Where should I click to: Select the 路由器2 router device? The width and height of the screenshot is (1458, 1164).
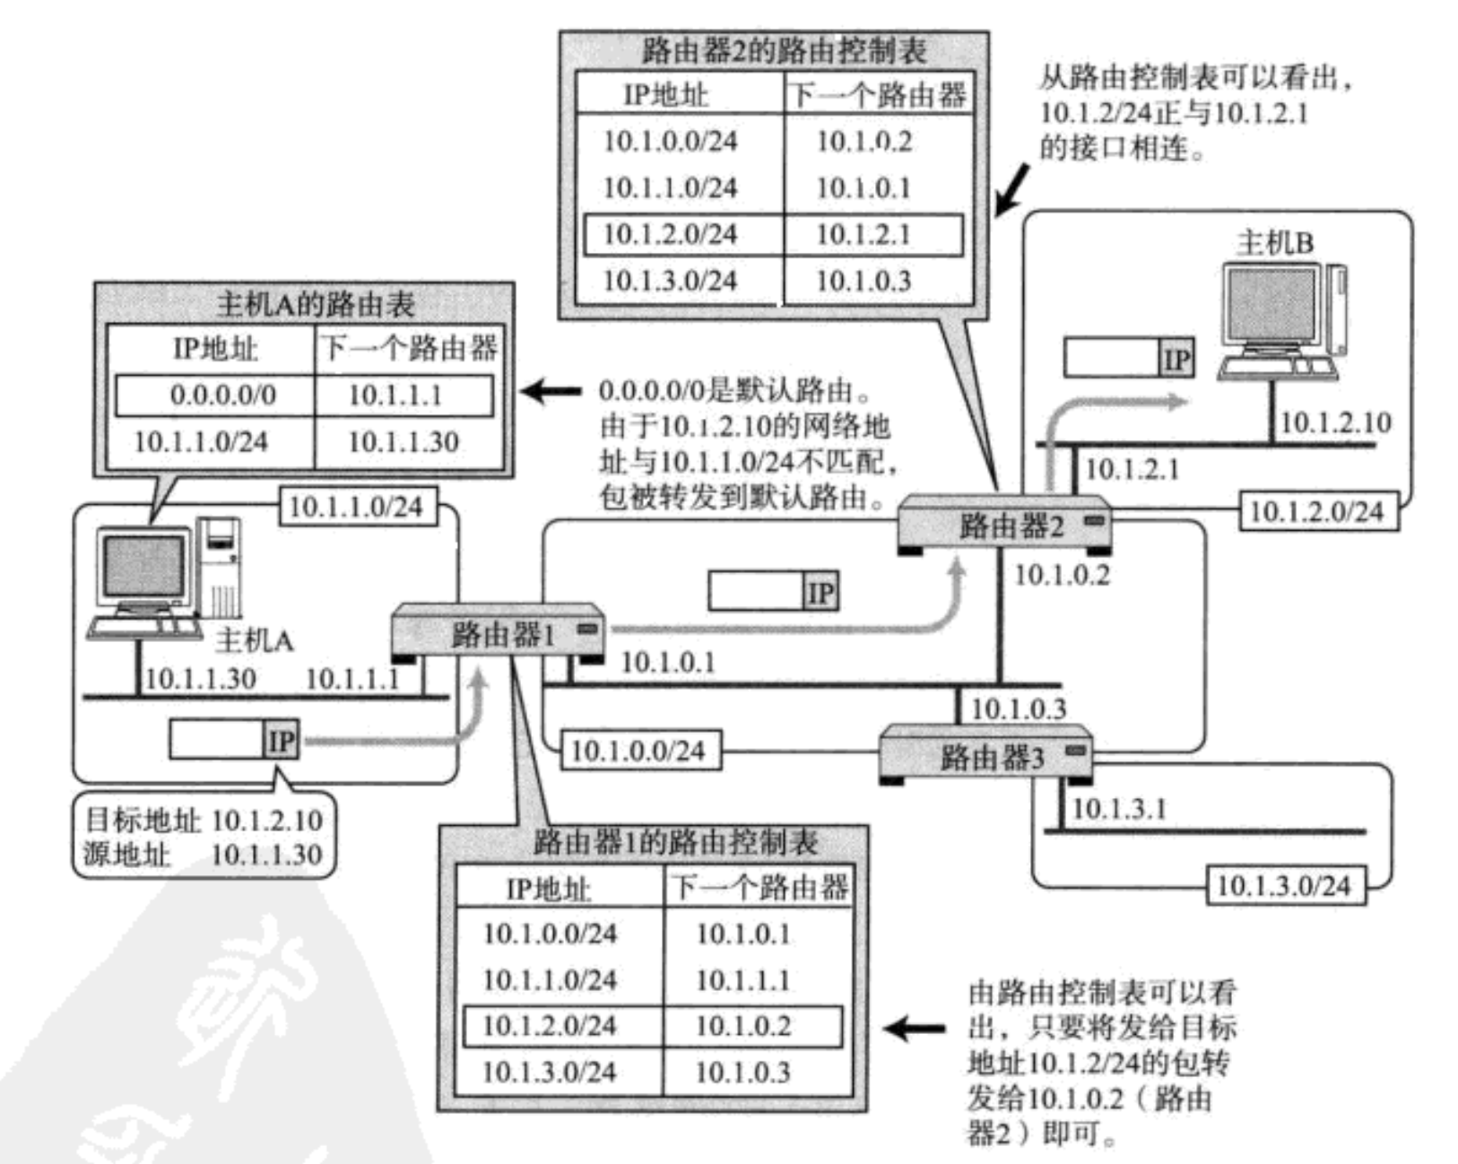[1005, 524]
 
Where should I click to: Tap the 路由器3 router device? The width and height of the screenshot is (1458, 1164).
[985, 757]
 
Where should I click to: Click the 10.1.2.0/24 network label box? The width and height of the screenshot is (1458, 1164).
[1317, 511]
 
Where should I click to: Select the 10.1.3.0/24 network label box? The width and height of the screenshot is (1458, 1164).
[1283, 886]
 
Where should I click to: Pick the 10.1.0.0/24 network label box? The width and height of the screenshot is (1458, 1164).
[638, 751]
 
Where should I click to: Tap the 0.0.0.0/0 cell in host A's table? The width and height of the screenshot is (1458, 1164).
[223, 395]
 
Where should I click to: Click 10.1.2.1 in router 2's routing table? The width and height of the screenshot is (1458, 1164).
[863, 234]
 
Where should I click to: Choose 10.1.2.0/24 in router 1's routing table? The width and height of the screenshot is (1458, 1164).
[550, 1026]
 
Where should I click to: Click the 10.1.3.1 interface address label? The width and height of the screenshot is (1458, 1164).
[1119, 808]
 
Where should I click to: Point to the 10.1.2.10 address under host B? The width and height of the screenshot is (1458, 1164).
[1335, 421]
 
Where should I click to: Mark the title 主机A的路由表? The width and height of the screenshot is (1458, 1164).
[315, 305]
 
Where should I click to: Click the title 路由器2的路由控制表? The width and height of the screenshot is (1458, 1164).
[783, 51]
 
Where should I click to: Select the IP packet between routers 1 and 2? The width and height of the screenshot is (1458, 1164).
[773, 592]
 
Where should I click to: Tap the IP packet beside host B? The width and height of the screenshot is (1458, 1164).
[1128, 358]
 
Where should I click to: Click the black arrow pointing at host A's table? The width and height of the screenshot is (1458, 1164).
[549, 391]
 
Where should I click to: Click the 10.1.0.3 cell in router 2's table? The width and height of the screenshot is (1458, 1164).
[863, 281]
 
